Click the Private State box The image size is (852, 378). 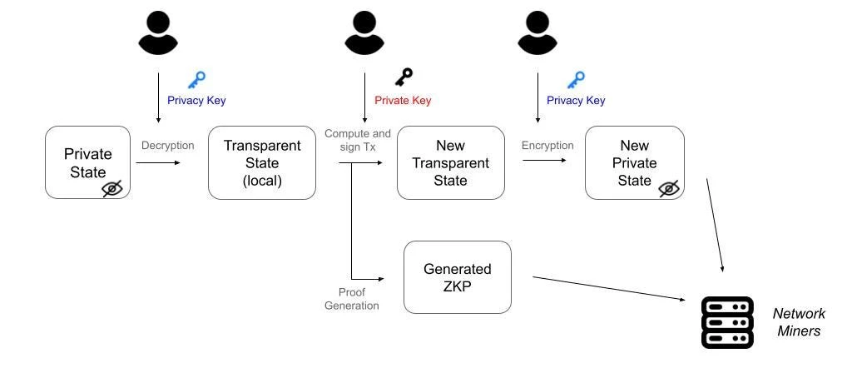click(x=87, y=162)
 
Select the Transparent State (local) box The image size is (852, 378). click(x=262, y=162)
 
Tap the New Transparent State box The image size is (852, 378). click(x=450, y=162)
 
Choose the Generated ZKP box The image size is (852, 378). click(x=457, y=277)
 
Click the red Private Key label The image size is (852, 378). click(x=403, y=101)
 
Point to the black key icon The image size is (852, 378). click(x=404, y=78)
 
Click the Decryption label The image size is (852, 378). click(x=168, y=146)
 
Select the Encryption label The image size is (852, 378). click(x=547, y=146)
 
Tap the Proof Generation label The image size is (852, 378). click(x=359, y=299)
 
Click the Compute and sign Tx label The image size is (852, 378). click(x=358, y=140)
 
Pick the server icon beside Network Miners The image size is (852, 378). click(x=727, y=321)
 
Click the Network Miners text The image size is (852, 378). click(x=799, y=322)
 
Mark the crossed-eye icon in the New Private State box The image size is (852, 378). click(x=669, y=189)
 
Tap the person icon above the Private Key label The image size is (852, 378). click(x=364, y=34)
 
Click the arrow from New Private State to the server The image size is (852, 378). click(x=715, y=225)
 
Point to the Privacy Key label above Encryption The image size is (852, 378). click(x=576, y=101)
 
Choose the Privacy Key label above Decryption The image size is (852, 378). click(x=196, y=101)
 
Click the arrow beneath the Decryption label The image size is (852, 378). click(x=157, y=162)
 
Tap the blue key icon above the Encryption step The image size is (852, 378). click(x=576, y=80)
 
